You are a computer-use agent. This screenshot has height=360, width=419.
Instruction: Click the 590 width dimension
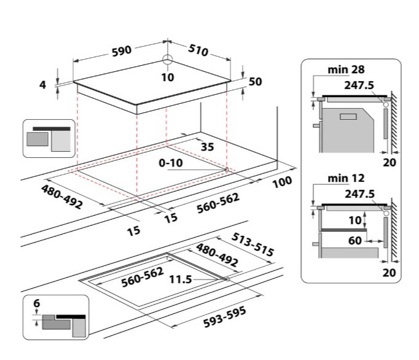(x=121, y=51)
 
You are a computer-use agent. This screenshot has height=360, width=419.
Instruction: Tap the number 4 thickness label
(x=43, y=85)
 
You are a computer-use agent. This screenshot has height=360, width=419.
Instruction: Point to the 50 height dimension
(x=256, y=82)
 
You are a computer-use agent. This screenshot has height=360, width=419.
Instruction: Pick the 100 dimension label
(x=282, y=182)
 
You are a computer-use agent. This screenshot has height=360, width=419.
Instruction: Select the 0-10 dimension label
(x=169, y=164)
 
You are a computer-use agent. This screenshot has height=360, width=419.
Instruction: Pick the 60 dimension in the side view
(x=355, y=240)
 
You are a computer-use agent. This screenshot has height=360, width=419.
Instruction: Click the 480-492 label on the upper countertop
(x=62, y=195)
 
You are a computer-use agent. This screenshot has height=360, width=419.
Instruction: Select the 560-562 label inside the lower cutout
(x=141, y=278)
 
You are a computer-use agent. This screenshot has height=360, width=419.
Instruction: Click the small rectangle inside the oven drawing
(x=348, y=115)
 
